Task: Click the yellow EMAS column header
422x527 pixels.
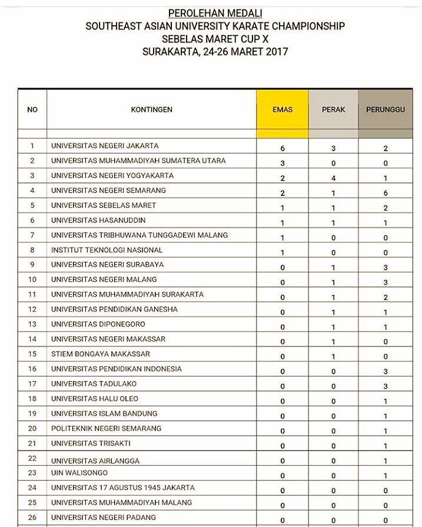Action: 283,109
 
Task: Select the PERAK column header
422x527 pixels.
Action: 333,109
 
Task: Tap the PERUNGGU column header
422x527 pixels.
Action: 386,109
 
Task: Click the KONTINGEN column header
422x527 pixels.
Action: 151,109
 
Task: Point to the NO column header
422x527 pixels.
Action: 32,109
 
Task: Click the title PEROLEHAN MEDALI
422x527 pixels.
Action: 215,13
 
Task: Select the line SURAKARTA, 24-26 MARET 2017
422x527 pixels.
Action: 215,52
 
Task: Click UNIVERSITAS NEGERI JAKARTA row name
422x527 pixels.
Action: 105,146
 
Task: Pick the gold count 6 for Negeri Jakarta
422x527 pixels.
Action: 283,149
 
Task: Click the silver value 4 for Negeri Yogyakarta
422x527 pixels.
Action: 333,178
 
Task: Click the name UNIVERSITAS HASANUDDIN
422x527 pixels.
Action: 98,220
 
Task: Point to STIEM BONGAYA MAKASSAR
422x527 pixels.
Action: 100,354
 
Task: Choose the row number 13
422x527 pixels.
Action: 32,324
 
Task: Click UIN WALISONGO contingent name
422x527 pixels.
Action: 80,473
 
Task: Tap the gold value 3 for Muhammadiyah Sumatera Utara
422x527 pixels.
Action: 283,164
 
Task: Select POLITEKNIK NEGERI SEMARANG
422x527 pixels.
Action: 106,428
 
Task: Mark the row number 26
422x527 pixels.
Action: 32,518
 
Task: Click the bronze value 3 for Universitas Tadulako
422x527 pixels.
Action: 386,387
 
